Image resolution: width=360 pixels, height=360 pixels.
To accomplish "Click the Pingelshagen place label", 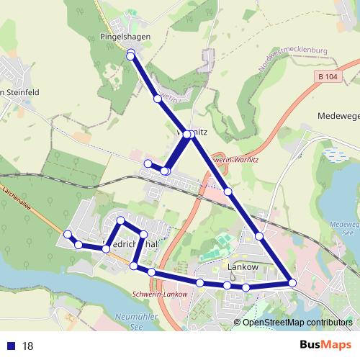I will tap(119, 35).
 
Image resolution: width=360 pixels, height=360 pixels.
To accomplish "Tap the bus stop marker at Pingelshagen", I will tap(130, 55).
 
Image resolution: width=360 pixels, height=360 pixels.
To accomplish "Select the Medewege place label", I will tap(338, 115).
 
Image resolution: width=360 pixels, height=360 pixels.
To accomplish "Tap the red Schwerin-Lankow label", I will tap(160, 294).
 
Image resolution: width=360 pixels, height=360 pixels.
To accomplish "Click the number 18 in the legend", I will tap(28, 346).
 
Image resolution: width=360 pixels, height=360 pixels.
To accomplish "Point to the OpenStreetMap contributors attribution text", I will tap(297, 322).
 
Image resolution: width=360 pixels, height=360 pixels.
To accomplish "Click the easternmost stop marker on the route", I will tap(292, 283).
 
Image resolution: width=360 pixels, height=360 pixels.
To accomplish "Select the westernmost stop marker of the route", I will tap(67, 234).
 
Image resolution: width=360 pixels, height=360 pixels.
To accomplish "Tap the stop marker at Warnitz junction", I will tap(187, 135).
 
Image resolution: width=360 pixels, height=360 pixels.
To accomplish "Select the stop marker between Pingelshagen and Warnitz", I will tap(157, 98).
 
